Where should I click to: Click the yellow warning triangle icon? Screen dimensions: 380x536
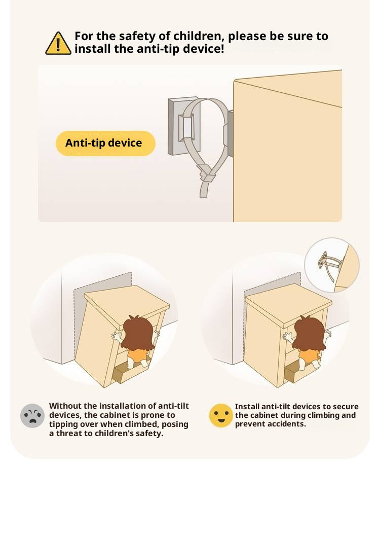58,44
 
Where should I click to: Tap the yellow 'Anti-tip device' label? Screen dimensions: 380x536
105,143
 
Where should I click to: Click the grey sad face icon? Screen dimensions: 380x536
32,416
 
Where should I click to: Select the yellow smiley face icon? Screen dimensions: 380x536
221,415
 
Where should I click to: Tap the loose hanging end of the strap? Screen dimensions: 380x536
204,190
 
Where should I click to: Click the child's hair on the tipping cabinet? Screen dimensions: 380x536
137,332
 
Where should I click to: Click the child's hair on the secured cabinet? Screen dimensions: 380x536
309,333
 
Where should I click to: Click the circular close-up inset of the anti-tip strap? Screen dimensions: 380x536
332,265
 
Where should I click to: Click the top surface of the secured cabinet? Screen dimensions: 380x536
288,304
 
